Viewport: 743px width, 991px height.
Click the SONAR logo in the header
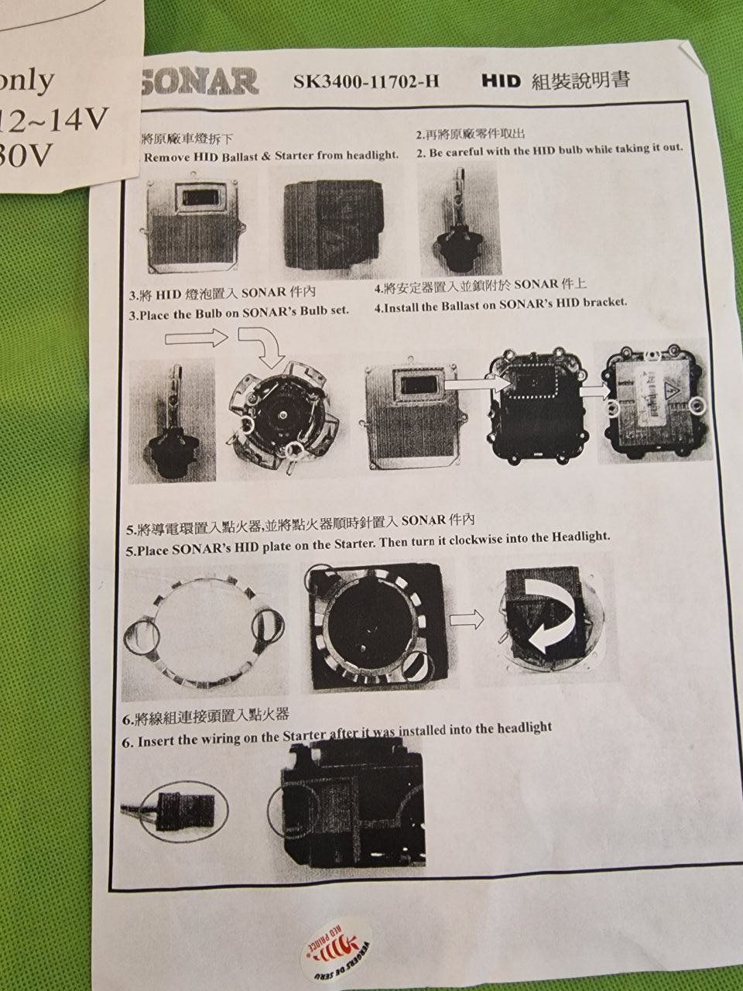(200, 81)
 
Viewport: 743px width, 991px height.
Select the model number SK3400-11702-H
(366, 81)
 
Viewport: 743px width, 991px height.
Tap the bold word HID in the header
(501, 80)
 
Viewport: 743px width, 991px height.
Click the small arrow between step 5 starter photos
(466, 618)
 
